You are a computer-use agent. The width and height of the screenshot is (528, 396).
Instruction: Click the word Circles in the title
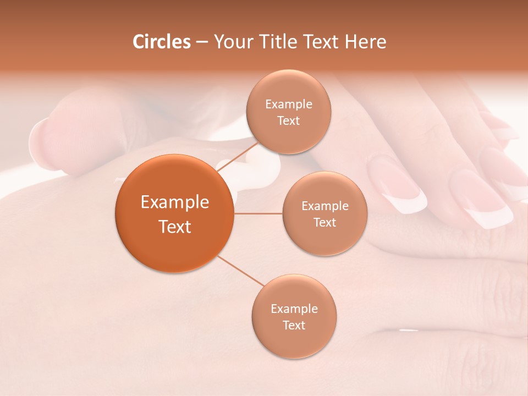[162, 42]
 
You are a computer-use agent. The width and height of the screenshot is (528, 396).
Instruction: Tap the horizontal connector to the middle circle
[258, 213]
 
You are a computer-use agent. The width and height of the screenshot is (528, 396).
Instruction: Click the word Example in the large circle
[175, 202]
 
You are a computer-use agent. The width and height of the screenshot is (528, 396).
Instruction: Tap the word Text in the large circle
[175, 227]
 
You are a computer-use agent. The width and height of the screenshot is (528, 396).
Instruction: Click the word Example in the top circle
[289, 105]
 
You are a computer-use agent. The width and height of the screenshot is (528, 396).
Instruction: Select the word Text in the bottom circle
[294, 325]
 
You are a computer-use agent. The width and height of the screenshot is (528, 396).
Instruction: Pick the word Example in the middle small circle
[325, 206]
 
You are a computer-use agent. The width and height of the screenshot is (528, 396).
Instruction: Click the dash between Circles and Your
[202, 42]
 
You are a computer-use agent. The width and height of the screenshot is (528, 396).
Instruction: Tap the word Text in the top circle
[289, 120]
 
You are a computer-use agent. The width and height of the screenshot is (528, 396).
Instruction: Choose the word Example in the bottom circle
[294, 309]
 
